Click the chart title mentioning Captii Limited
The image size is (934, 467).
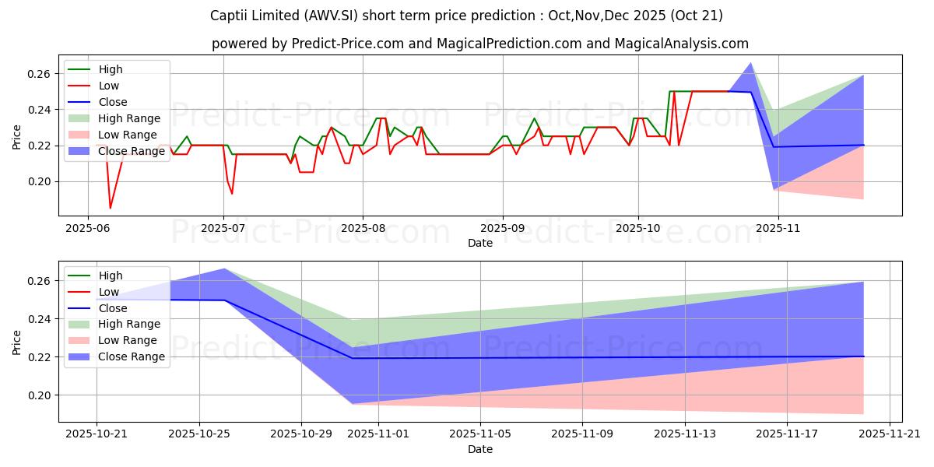pos(466,16)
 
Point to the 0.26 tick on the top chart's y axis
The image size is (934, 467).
pos(40,74)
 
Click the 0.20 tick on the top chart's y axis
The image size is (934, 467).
pos(40,181)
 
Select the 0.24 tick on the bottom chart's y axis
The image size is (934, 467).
pos(40,319)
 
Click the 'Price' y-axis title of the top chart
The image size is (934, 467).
pos(17,137)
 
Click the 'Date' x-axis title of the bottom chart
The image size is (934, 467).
pos(480,450)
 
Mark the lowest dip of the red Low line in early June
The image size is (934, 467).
pos(110,208)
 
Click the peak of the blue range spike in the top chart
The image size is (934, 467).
pos(751,63)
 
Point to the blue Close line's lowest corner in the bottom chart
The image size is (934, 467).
pos(353,358)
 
